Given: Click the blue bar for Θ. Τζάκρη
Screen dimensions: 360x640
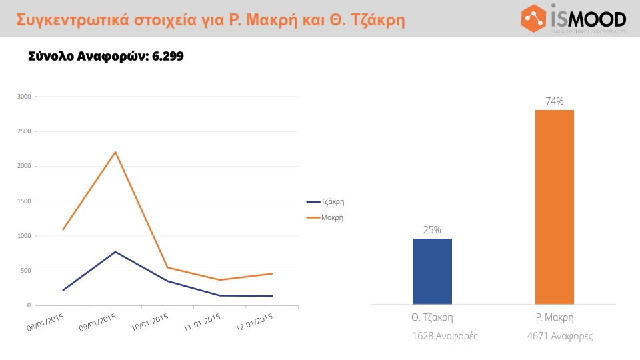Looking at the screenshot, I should click(x=432, y=271).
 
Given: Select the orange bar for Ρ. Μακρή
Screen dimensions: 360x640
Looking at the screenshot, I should click(x=554, y=207).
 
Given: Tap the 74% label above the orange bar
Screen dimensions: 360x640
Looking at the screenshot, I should click(x=555, y=101).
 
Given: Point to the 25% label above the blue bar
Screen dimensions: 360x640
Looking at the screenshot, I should click(x=432, y=230).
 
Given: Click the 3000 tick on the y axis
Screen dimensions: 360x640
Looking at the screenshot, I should click(x=24, y=97).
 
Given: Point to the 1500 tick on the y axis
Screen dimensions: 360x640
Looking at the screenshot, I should click(x=24, y=201).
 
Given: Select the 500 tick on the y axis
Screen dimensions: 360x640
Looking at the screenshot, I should click(x=25, y=271).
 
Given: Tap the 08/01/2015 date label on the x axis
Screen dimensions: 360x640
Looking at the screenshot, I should click(x=45, y=324).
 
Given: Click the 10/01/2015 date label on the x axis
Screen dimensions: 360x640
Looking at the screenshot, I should click(x=150, y=324).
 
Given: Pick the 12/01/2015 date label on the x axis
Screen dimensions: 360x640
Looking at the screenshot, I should click(x=255, y=324).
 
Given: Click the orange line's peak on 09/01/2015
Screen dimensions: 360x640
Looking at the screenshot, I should click(x=115, y=152).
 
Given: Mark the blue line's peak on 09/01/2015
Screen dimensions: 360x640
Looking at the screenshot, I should click(x=115, y=252).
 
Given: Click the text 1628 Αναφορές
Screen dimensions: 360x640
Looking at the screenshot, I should click(x=445, y=336).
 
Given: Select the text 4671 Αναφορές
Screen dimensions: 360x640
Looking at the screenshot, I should click(x=559, y=336).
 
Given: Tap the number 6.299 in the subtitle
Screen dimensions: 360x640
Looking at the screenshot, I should click(x=167, y=57).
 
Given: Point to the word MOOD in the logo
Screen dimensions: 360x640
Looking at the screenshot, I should click(x=597, y=18).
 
